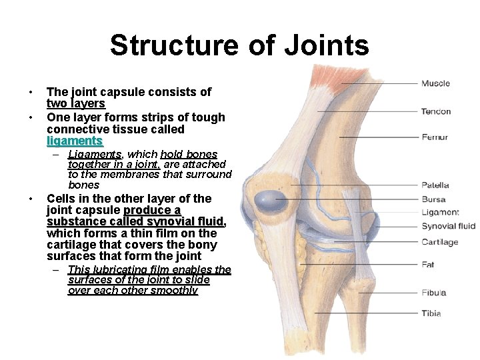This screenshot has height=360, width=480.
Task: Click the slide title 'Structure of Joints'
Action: (x=239, y=45)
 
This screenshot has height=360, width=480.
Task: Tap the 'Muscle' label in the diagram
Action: (x=435, y=83)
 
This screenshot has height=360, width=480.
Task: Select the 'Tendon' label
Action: (x=436, y=111)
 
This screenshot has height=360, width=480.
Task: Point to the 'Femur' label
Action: (x=435, y=137)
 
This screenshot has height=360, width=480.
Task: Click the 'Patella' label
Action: (x=435, y=185)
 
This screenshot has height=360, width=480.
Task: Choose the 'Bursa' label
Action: (x=433, y=199)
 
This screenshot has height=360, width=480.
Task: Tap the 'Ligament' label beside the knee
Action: (x=440, y=213)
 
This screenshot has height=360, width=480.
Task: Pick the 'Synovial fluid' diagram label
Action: (x=448, y=227)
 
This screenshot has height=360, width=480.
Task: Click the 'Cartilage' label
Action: (x=439, y=242)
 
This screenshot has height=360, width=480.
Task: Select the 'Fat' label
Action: (x=428, y=265)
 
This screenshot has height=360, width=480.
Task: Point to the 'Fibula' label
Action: (x=433, y=293)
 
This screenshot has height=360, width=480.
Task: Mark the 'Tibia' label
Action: (x=431, y=313)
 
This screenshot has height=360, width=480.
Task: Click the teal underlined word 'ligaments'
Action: (x=75, y=141)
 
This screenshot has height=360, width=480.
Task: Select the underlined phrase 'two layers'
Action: (x=76, y=104)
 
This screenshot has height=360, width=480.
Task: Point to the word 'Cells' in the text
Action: (x=61, y=199)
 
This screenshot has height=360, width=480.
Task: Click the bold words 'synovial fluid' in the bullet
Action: (x=186, y=221)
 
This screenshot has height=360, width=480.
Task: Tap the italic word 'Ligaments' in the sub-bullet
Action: (x=94, y=154)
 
